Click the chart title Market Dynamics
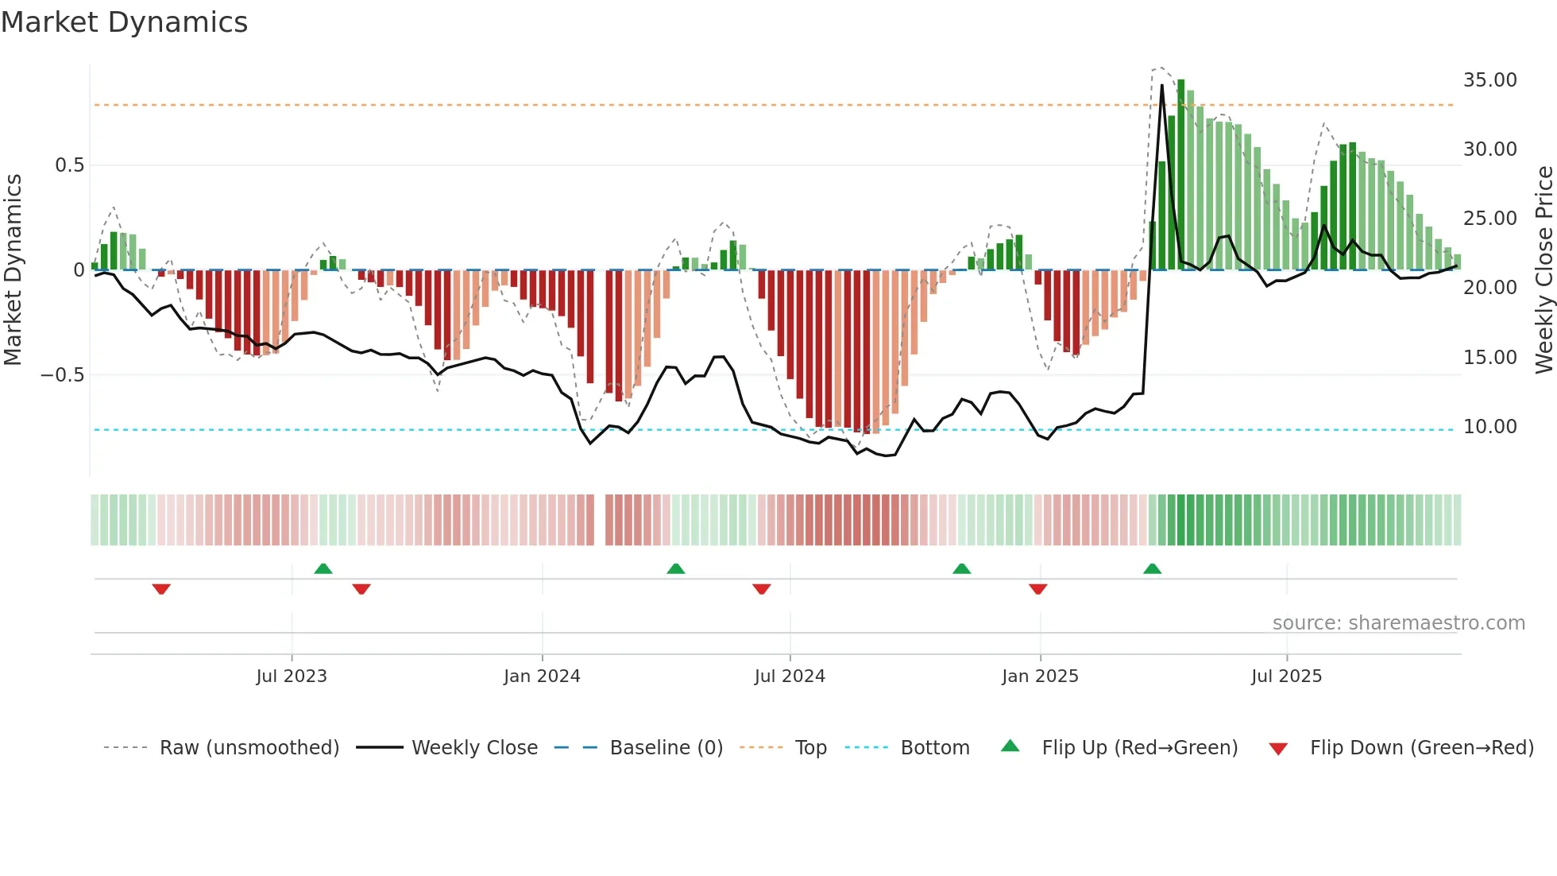click(x=124, y=22)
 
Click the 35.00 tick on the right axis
click(x=1489, y=80)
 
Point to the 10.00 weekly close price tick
click(x=1489, y=427)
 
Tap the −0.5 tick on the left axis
click(x=63, y=375)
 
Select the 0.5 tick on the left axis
click(x=69, y=165)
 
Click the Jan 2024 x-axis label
click(x=542, y=676)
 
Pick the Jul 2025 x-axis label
click(x=1286, y=676)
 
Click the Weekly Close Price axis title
click(x=1543, y=270)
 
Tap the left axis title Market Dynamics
click(x=13, y=270)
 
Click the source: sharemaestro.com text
click(x=1398, y=623)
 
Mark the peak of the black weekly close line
click(x=1161, y=85)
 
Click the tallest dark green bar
click(x=1180, y=175)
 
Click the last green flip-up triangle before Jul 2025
click(x=1152, y=569)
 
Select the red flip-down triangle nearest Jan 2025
click(x=1037, y=589)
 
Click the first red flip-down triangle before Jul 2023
click(x=161, y=589)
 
